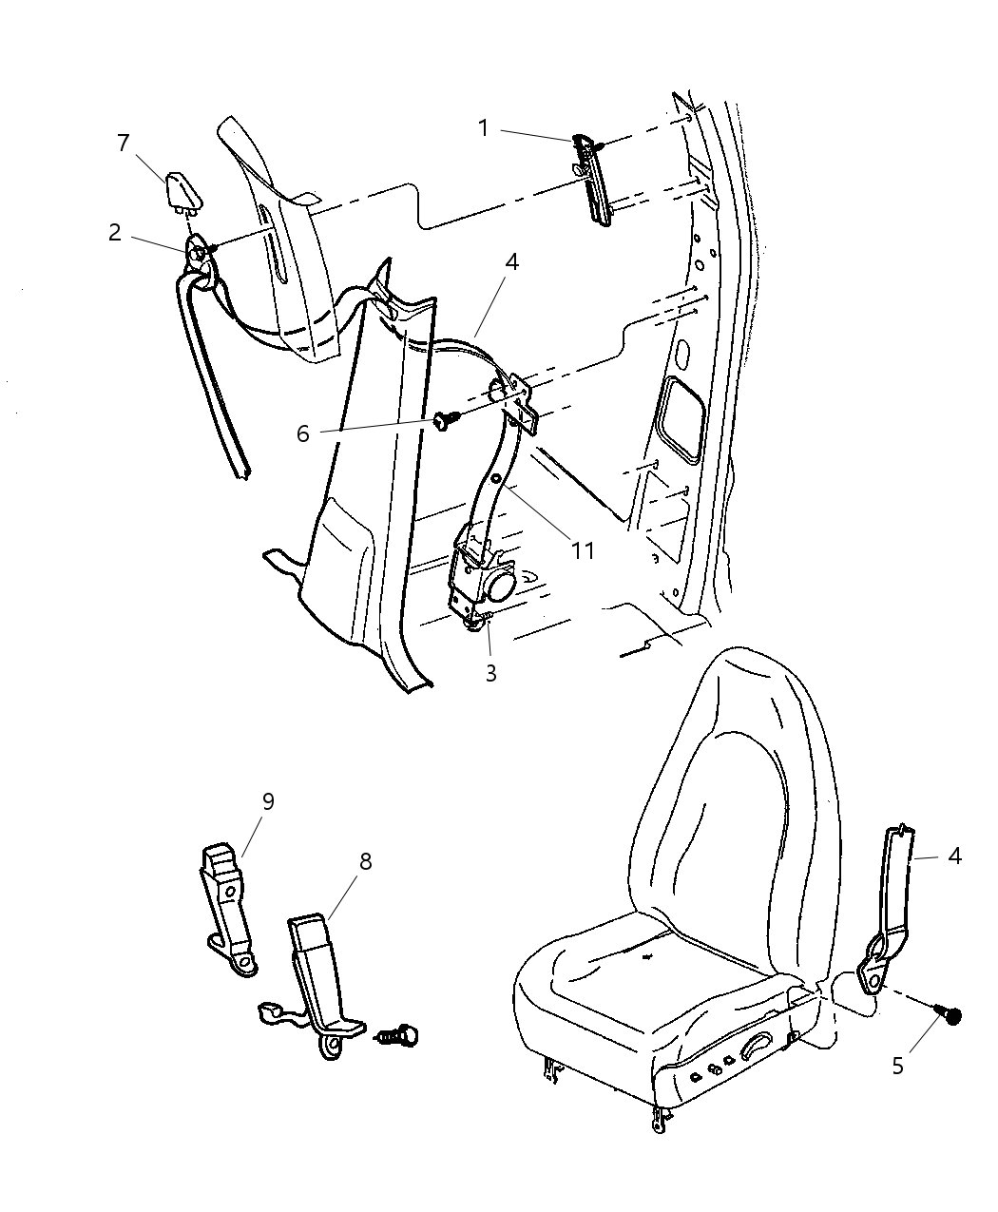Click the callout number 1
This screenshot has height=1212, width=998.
click(483, 127)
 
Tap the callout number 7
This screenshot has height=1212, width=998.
click(123, 143)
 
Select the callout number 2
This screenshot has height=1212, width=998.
click(115, 232)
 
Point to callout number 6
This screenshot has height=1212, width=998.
click(303, 433)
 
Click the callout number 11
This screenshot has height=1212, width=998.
click(582, 549)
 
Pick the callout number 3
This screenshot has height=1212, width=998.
click(490, 673)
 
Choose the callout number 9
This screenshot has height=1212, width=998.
click(268, 801)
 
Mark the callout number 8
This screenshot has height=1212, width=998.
click(365, 861)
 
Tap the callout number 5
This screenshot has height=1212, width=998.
click(897, 1066)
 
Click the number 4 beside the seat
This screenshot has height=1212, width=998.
click(954, 856)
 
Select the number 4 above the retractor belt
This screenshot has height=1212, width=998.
click(511, 261)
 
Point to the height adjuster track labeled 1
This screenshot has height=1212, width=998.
click(594, 181)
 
